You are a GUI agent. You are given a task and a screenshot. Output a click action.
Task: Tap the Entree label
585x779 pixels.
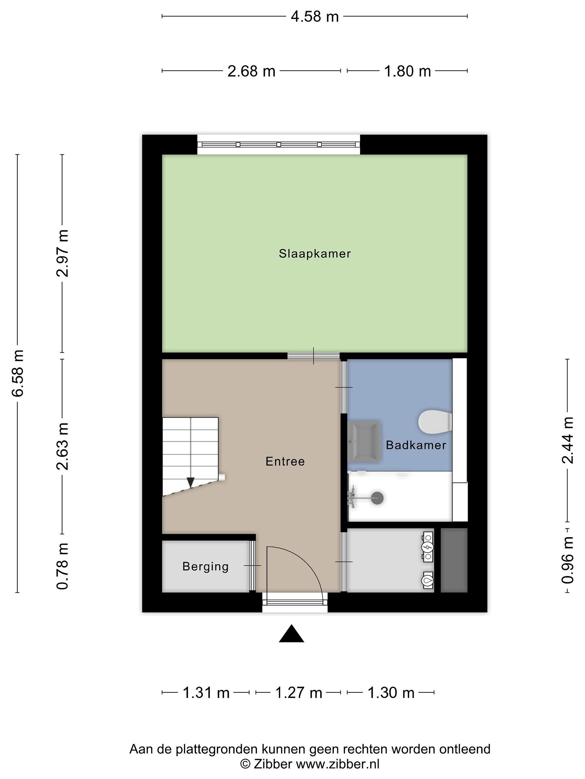(285, 461)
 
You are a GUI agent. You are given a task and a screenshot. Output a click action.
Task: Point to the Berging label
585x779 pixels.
(206, 566)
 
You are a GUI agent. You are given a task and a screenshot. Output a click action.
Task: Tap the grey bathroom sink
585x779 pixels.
(364, 441)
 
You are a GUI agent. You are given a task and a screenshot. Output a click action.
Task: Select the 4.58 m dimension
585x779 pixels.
(314, 16)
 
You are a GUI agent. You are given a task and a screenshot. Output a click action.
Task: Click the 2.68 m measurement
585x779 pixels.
(251, 71)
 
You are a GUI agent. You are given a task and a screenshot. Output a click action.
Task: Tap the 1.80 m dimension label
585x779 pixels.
(407, 71)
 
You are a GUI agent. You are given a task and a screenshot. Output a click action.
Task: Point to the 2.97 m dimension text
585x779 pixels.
(63, 253)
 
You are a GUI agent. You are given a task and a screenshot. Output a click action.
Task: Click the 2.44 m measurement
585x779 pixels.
(567, 440)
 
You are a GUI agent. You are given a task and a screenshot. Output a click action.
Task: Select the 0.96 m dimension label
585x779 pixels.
(567, 560)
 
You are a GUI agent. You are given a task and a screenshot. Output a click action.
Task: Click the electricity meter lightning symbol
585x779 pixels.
(428, 547)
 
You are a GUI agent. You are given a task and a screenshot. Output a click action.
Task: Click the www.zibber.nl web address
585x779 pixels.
(337, 764)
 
